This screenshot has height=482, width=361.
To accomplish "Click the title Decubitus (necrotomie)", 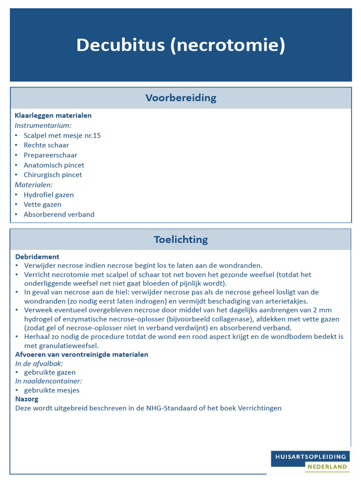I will click(x=180, y=45).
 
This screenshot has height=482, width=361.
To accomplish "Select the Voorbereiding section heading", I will click(x=180, y=98).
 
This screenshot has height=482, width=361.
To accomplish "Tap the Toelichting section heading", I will click(x=180, y=240).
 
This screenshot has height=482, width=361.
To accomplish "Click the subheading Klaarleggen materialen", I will click(x=53, y=115).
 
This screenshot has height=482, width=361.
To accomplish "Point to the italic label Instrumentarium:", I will click(x=43, y=125).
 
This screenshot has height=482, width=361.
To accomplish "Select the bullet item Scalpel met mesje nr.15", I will click(x=62, y=136).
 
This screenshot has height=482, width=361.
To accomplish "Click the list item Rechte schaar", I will click(x=46, y=145).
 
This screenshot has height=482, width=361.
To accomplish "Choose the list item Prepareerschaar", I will click(x=50, y=155).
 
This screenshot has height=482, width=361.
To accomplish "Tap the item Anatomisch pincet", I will click(x=54, y=165).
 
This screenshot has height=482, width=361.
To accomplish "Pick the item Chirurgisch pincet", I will click(x=53, y=175).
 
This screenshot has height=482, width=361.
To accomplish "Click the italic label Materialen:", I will click(x=34, y=185).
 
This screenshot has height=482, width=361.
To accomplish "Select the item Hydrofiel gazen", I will click(x=48, y=195).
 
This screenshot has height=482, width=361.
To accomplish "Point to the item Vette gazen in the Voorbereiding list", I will click(x=42, y=204).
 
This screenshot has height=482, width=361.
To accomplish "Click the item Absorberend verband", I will click(x=59, y=214).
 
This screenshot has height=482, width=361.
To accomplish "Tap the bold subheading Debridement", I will click(x=37, y=257).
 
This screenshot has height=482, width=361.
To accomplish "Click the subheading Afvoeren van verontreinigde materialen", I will click(x=82, y=354).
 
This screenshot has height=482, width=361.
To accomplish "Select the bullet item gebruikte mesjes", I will click(x=52, y=390).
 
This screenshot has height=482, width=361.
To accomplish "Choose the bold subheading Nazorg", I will click(x=27, y=399).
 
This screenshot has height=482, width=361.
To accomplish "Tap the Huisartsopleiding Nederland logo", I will click(x=310, y=461).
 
